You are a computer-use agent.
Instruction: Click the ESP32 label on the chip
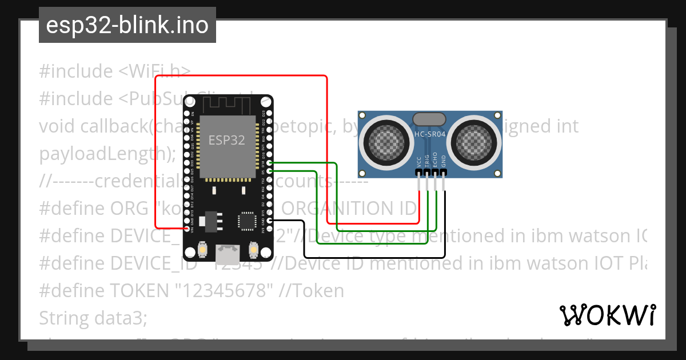227,140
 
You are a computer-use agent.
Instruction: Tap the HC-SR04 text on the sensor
429,134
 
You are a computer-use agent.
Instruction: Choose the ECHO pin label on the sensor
436,160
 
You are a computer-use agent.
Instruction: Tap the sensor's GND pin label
444,162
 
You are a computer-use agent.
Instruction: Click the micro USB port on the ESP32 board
227,250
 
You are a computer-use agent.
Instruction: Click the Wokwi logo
608,315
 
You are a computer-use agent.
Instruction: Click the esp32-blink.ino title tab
127,25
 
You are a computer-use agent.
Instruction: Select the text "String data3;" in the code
93,318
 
